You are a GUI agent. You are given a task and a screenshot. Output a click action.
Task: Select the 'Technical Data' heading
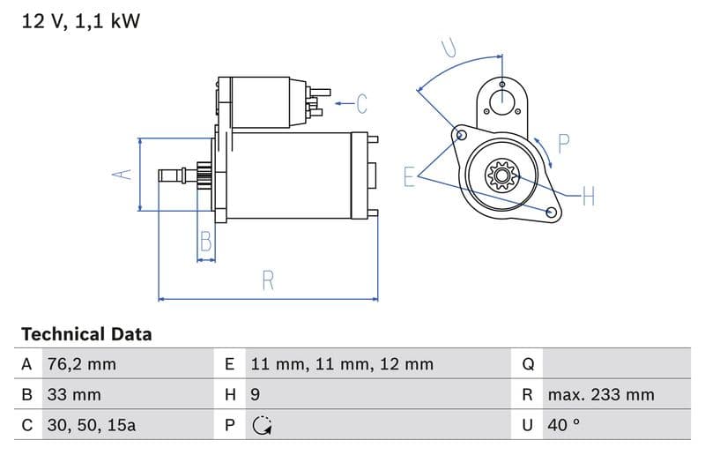86,334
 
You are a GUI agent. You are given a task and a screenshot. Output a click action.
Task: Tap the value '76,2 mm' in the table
81,364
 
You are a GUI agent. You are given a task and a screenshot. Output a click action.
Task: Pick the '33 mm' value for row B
74,394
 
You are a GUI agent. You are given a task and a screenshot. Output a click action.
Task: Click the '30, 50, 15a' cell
92,424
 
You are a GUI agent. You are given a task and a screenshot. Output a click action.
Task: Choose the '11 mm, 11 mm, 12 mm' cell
342,364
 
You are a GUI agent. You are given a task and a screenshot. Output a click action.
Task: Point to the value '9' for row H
256,394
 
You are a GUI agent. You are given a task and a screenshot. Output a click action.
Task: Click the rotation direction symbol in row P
261,425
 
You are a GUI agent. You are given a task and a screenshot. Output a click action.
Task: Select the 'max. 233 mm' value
600,394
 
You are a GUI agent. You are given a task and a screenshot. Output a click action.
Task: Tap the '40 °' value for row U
563,424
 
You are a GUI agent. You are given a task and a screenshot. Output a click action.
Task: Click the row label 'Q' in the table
529,364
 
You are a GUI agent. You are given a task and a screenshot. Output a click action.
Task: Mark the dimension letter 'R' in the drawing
268,280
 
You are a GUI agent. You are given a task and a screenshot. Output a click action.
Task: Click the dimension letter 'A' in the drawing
122,175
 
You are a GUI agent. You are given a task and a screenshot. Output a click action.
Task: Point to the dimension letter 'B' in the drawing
205,241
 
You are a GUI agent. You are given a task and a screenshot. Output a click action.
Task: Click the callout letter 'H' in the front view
588,196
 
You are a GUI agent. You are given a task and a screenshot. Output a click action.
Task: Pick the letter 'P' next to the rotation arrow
564,142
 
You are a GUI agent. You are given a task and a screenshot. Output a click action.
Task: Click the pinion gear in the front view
501,175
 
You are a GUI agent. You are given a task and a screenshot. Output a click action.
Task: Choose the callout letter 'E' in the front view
409,176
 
